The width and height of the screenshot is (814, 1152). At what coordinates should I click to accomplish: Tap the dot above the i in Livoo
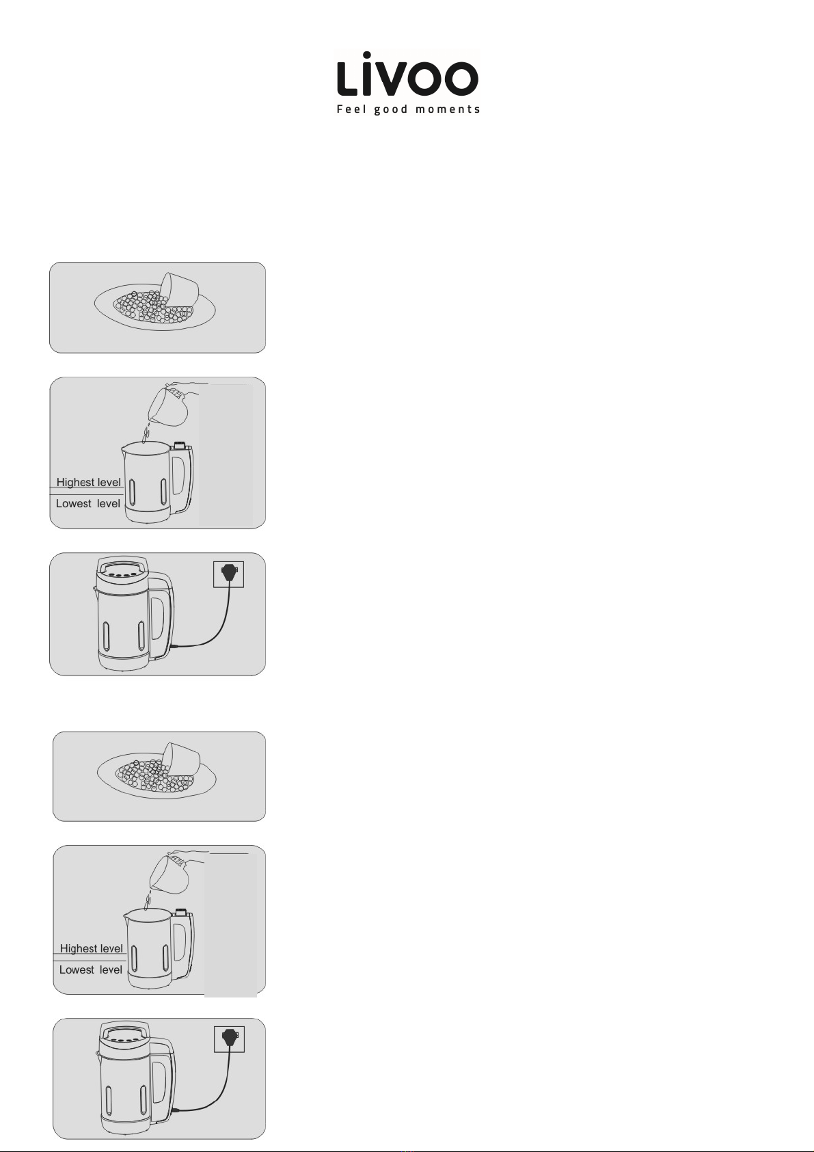366,55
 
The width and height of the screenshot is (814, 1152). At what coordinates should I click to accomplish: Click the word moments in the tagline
448,109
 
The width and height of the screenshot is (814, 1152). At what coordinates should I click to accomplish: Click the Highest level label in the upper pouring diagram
88,483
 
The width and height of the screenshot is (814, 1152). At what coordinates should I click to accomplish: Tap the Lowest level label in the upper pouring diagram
88,503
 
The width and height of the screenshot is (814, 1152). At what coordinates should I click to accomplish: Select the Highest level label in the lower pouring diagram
92,948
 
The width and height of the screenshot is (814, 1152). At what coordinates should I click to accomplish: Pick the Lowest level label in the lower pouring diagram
91,969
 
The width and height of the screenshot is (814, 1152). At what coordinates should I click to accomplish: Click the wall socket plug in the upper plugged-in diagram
229,572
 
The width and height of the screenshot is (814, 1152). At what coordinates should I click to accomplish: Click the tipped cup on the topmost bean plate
179,287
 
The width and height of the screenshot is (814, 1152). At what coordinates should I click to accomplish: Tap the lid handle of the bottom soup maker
126,1030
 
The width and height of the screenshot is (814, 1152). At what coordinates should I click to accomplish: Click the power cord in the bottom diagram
208,1090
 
